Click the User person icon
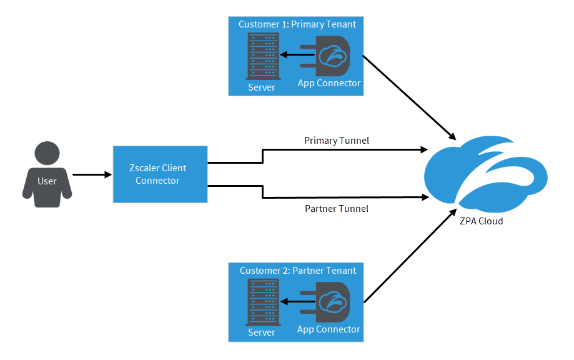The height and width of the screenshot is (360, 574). click(47, 174)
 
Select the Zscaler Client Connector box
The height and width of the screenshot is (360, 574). click(160, 174)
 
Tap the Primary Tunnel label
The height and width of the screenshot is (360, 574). click(336, 141)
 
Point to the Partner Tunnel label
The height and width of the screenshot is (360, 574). click(336, 208)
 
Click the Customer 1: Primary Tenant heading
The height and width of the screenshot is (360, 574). click(297, 24)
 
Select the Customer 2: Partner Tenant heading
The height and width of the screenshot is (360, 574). click(298, 271)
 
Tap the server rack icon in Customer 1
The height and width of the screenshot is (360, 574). click(262, 56)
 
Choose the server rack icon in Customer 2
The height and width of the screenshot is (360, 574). click(262, 301)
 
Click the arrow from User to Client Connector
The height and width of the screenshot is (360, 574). click(91, 175)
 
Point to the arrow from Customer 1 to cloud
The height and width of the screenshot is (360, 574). click(410, 97)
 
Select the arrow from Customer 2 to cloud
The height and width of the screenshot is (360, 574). click(410, 257)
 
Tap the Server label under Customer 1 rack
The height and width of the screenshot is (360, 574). click(261, 87)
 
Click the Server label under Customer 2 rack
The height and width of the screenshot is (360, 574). click(261, 332)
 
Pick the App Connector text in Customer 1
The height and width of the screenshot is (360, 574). click(329, 83)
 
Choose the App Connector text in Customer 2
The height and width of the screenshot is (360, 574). click(329, 329)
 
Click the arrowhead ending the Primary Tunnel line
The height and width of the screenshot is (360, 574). click(423, 150)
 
